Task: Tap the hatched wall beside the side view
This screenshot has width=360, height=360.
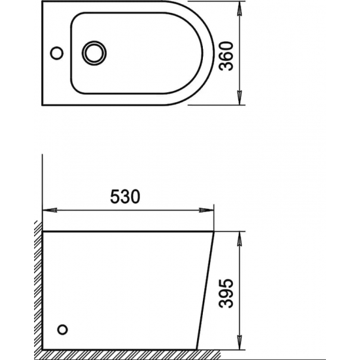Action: (36, 288)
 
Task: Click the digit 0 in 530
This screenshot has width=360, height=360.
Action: (135, 197)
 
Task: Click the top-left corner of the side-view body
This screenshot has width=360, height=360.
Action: (43, 231)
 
